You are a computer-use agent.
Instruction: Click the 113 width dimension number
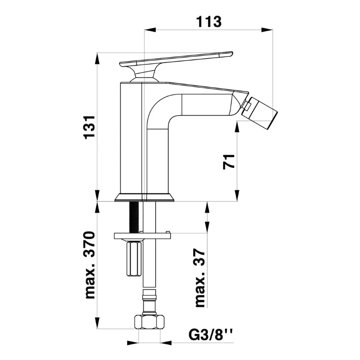[x=209, y=22]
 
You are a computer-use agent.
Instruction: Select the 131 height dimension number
[x=90, y=127]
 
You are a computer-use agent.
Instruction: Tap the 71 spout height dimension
[x=229, y=162]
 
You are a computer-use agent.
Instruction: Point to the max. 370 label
[x=90, y=265]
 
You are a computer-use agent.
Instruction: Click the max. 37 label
[x=199, y=278]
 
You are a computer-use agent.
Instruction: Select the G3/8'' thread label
[x=210, y=335]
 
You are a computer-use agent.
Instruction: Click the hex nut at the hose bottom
[x=149, y=322]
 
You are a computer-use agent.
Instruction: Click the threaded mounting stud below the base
[x=134, y=217]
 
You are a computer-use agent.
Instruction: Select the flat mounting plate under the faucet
[x=142, y=236]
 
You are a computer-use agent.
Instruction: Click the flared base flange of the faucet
[x=144, y=197]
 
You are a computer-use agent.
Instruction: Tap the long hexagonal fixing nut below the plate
[x=134, y=258]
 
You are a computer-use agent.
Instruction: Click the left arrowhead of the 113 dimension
[x=150, y=30]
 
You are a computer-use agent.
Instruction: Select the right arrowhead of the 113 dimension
[x=267, y=30]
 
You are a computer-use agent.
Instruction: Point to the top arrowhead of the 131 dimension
[x=97, y=59]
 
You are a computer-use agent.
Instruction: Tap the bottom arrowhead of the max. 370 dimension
[x=98, y=323]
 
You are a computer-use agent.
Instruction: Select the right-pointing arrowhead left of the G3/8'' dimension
[x=133, y=343]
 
